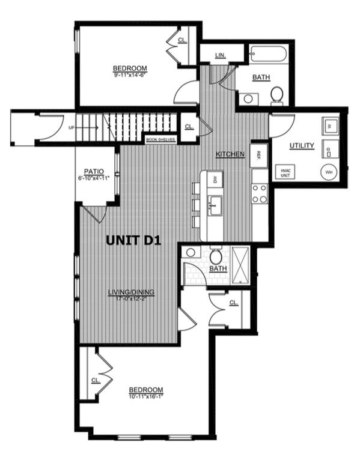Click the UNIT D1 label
(135, 240)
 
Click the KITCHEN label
(231, 154)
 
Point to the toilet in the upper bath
(277, 95)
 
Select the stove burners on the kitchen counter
(260, 193)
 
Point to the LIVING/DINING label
(131, 292)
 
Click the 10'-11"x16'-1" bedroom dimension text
(146, 396)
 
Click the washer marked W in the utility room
(329, 126)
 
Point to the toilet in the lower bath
(216, 257)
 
